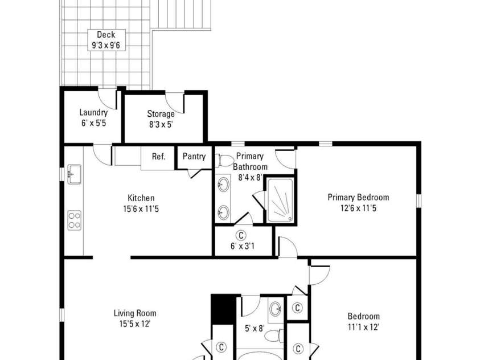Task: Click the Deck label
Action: coord(105,35)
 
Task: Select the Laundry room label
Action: coord(93,112)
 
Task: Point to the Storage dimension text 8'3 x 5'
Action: coord(161,125)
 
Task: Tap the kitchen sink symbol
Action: coord(74,174)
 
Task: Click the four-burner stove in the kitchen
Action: coord(74,219)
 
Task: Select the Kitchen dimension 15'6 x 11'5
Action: coord(141,209)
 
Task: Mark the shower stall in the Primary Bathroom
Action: coord(280,201)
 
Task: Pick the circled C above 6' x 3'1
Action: coord(241,235)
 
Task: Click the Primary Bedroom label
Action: coord(358,197)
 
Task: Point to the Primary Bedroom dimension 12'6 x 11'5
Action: coord(358,208)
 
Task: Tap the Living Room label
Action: coord(134,313)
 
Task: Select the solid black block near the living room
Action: coord(223,309)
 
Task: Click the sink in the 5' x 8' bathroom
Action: coord(275,309)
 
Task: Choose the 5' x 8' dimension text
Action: coord(255,328)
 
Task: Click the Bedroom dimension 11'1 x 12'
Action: coord(363,327)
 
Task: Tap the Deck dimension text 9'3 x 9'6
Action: coord(105,46)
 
